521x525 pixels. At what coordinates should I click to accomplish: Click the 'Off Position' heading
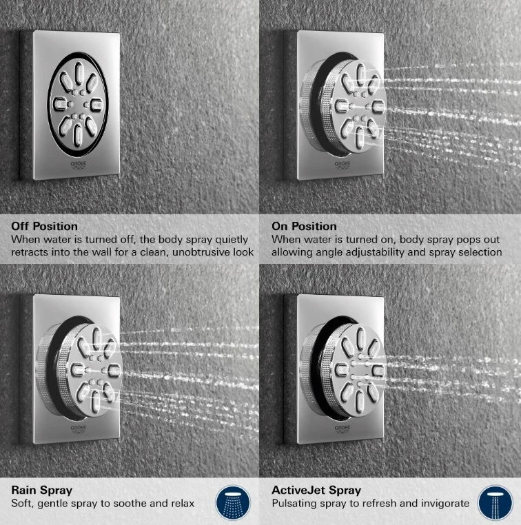45,227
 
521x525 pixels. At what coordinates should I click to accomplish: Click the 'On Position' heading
304,227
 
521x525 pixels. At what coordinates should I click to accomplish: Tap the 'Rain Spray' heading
42,490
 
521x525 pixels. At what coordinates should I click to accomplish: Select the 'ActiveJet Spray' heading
316,490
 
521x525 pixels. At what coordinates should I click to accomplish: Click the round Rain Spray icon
233,503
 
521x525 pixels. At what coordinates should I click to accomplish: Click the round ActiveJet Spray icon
496,503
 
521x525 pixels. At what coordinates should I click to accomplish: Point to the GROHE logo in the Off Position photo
79,165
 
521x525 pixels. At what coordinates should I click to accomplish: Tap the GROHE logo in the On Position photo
343,165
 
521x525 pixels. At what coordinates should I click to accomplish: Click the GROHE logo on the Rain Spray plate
79,429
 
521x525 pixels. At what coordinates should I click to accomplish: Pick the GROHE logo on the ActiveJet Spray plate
343,429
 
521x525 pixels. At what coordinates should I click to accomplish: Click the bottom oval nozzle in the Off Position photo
77,135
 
